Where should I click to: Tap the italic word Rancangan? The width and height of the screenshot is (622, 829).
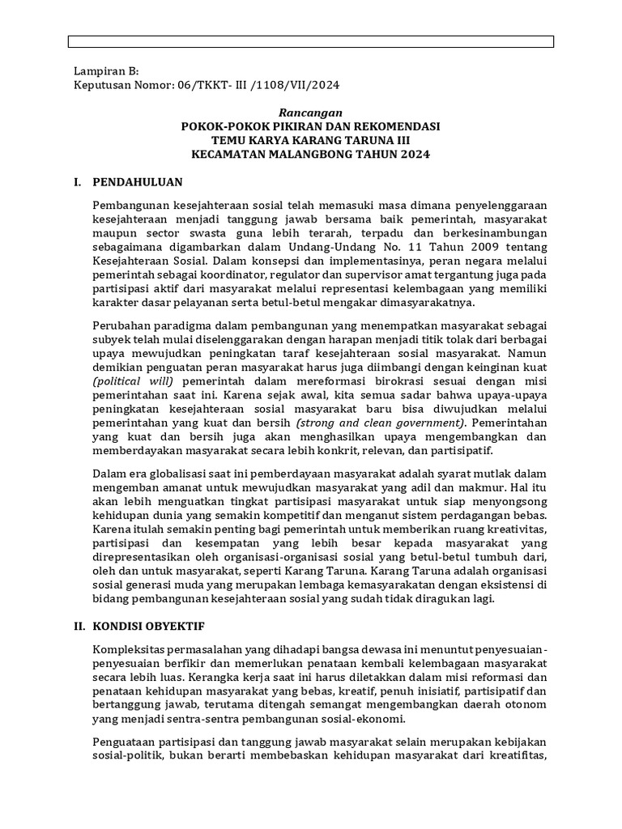click(311, 113)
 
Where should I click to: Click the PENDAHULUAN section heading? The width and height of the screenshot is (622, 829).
click(137, 181)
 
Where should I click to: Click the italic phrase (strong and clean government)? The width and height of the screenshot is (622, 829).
click(381, 423)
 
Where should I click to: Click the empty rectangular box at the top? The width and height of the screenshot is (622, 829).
click(311, 42)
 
